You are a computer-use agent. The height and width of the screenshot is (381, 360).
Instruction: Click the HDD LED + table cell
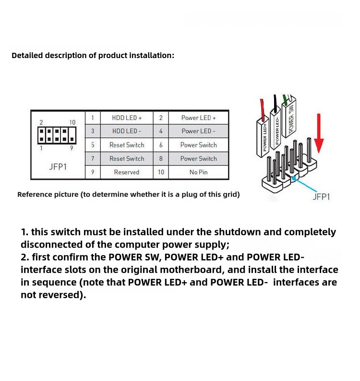point(127,118)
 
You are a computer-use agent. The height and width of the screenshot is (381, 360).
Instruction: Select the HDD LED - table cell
point(127,131)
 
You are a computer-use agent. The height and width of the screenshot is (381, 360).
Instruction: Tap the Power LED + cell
point(198,118)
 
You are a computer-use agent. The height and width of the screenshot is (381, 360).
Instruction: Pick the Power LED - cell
point(198,131)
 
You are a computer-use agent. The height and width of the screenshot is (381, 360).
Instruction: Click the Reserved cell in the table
point(127,172)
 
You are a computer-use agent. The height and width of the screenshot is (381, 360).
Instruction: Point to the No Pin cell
point(198,172)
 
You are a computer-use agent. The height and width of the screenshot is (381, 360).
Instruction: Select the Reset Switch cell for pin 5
point(127,145)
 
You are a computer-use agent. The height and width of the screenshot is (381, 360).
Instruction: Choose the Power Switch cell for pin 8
point(198,159)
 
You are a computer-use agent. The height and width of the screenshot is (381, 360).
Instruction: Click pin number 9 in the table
point(92,172)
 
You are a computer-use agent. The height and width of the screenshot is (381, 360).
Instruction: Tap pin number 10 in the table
point(161,172)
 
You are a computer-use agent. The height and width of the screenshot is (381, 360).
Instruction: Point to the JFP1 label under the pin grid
point(58,167)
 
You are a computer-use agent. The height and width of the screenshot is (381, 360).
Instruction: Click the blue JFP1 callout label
point(321,196)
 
